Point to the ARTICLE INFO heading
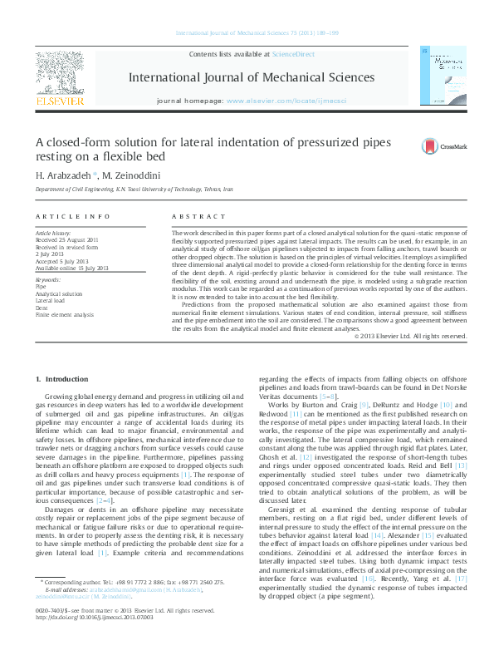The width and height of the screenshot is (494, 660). [x=72, y=215]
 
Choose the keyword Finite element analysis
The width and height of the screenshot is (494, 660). [x=64, y=315]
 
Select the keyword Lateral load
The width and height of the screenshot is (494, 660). [x=49, y=302]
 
